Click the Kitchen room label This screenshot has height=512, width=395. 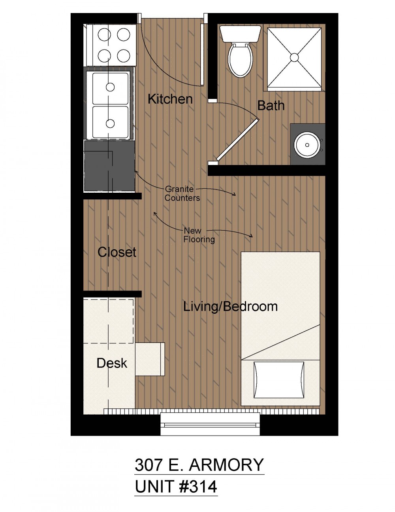[x=170, y=99]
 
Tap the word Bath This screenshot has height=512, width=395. [x=271, y=105]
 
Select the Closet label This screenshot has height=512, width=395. [x=117, y=252]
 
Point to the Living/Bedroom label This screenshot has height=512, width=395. [x=230, y=307]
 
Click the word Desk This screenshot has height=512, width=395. [x=112, y=363]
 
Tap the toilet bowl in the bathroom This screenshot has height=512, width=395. [x=240, y=60]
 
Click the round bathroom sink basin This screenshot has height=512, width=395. [x=307, y=145]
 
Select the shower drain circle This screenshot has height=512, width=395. [x=294, y=57]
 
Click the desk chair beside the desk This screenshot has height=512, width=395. [x=150, y=359]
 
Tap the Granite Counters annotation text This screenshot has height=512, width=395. [x=182, y=193]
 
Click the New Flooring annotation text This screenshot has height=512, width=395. [x=199, y=235]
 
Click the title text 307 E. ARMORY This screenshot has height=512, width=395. [x=199, y=465]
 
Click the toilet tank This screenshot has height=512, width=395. [x=240, y=34]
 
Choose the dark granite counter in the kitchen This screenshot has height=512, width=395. [x=109, y=166]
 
